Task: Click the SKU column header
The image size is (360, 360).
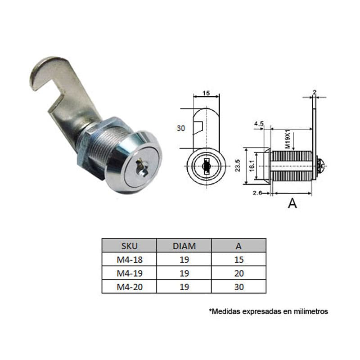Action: (129, 246)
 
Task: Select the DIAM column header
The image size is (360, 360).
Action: (184, 246)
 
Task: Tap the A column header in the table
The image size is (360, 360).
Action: (238, 246)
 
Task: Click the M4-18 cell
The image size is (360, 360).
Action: (129, 260)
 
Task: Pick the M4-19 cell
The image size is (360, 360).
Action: (129, 273)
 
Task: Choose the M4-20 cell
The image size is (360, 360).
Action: (129, 287)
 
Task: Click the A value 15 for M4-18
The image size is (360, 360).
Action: (238, 260)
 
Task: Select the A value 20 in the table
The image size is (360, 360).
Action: (238, 273)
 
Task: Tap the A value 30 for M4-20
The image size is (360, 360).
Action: (238, 287)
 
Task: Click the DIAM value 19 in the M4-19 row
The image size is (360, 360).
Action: (184, 273)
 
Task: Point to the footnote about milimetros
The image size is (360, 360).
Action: (268, 311)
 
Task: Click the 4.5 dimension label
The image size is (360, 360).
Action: (259, 123)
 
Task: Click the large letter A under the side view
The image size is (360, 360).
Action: (292, 203)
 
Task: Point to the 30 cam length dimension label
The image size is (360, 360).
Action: (181, 128)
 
